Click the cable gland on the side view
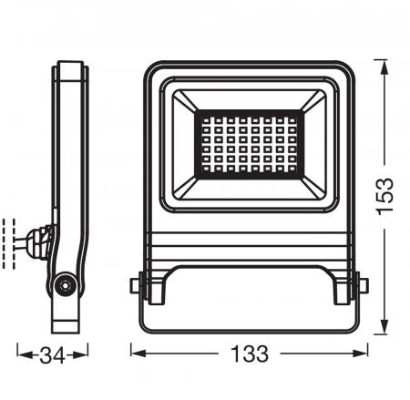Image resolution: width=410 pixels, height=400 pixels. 40,241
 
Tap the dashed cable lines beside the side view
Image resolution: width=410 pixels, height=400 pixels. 13,241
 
